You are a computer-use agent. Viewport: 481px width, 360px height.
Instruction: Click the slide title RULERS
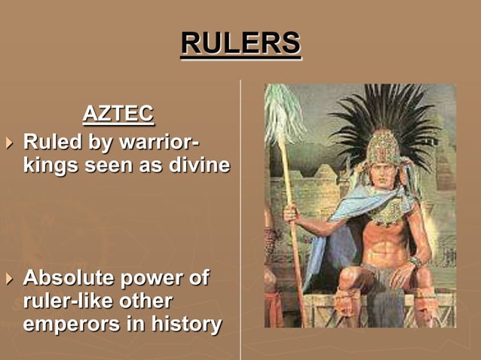click(240, 43)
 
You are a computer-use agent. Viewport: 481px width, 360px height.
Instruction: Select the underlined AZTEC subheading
click(118, 114)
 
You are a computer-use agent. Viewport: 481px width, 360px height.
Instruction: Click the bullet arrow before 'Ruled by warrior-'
click(9, 142)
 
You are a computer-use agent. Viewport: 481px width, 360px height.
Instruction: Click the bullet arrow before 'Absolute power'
click(9, 279)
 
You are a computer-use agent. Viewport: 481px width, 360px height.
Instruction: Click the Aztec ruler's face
click(384, 169)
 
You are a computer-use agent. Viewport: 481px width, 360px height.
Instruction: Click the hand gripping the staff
click(290, 214)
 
